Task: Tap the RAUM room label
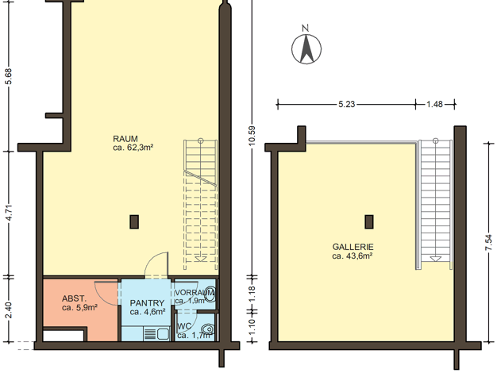[125, 139]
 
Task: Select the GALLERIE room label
[353, 247]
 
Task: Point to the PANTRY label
[147, 303]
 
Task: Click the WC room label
[184, 326]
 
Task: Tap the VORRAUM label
[195, 292]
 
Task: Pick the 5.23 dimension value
[346, 104]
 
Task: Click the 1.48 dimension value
[434, 104]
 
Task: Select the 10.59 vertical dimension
[252, 137]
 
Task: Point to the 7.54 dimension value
[489, 242]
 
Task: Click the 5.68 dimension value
[9, 76]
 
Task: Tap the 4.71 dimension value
[9, 213]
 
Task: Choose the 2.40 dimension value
[9, 310]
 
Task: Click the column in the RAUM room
[134, 222]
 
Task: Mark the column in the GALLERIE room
[369, 222]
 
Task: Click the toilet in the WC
[208, 329]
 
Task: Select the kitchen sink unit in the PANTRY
[156, 334]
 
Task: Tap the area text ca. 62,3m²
[133, 148]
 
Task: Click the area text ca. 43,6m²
[353, 256]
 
